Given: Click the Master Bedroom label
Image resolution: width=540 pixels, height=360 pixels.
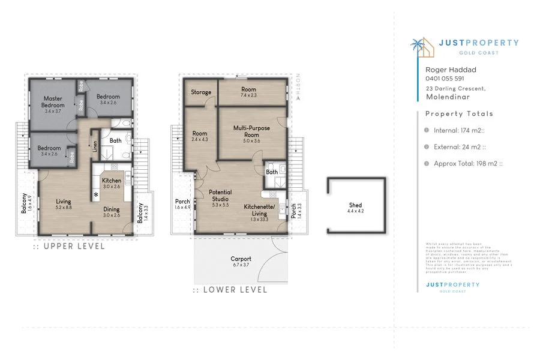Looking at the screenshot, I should (53, 102).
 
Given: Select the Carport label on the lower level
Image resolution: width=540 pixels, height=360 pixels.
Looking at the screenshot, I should (241, 259).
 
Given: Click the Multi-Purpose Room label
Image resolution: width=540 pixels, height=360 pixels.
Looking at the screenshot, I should (251, 131).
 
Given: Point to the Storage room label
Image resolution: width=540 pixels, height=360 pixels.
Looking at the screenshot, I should (201, 92).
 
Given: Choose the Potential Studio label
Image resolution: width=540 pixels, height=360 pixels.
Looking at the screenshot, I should (221, 196).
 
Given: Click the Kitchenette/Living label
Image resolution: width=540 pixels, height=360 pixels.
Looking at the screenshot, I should (260, 209).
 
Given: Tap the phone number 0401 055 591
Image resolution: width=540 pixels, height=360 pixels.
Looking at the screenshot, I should (445, 79).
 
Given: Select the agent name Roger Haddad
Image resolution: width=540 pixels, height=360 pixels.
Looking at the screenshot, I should (451, 70).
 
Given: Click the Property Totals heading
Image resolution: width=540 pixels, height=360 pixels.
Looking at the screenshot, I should (459, 114).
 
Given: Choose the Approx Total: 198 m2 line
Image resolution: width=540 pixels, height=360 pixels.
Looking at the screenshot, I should (468, 163).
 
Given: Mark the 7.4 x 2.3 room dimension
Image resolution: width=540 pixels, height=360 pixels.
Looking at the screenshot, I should (248, 95).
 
